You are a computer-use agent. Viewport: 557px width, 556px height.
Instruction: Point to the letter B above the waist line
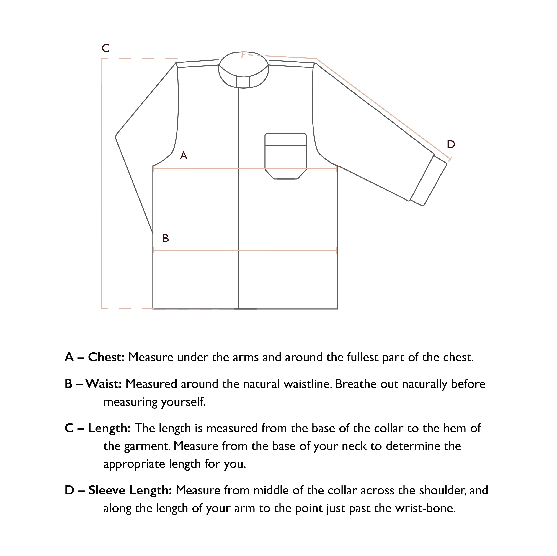[166, 238]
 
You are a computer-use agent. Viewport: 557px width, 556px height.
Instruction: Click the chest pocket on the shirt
[285, 153]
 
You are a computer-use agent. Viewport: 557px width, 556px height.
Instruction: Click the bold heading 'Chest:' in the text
[106, 357]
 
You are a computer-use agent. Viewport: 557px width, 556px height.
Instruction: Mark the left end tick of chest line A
[154, 169]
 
